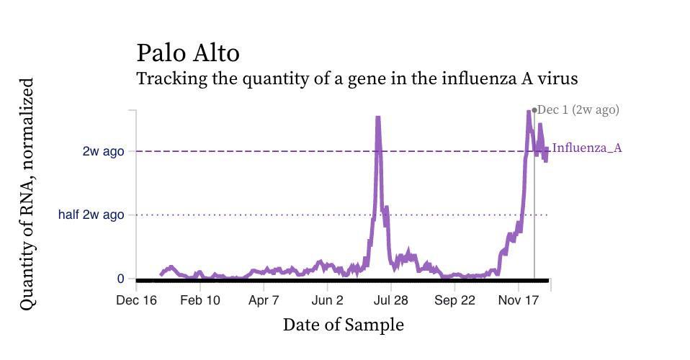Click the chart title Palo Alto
[x=188, y=53]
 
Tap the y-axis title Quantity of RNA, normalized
[x=27, y=194]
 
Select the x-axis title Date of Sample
[x=343, y=325]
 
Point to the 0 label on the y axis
[x=120, y=279]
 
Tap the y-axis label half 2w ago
[x=91, y=215]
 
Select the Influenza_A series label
[x=586, y=148]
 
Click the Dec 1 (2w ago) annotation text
[x=578, y=110]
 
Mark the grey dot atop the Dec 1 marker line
[x=534, y=110]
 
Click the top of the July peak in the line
[x=378, y=117]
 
